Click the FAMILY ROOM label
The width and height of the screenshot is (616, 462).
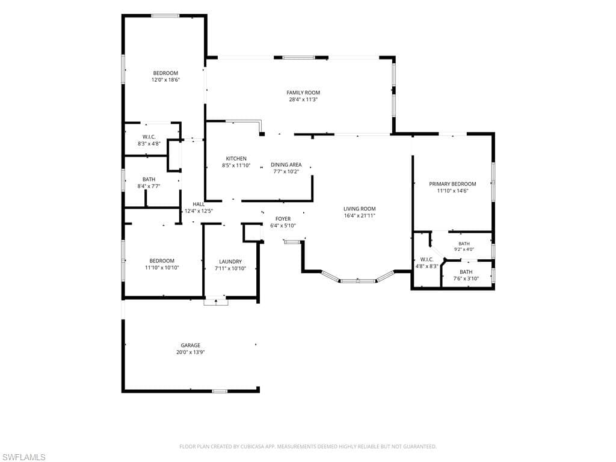[x=303, y=93]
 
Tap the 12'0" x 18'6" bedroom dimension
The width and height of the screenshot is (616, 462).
[x=166, y=80]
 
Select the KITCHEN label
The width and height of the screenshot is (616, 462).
[x=236, y=159]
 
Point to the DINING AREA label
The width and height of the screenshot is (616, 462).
[x=286, y=165]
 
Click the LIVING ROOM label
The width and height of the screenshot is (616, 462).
[x=360, y=209]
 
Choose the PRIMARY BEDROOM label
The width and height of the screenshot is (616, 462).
[x=452, y=184]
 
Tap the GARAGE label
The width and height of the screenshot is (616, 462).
[x=191, y=345]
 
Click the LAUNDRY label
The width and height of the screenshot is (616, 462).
[x=230, y=262]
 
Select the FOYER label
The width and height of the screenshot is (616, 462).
[x=283, y=219]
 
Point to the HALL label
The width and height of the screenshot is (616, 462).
[x=199, y=205]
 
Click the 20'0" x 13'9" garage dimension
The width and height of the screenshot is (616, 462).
[x=191, y=353]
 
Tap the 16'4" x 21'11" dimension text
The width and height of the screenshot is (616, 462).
[x=360, y=216]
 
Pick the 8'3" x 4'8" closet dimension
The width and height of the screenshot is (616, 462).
[x=149, y=144]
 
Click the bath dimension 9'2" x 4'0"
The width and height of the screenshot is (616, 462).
[x=464, y=249]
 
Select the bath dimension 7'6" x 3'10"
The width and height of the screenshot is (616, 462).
[x=466, y=279]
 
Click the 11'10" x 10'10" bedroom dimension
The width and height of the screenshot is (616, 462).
[x=162, y=268]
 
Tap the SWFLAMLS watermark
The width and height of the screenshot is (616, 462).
[x=23, y=457]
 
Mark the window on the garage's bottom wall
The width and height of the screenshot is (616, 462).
[x=220, y=391]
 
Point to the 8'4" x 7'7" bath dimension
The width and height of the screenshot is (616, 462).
[x=149, y=186]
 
